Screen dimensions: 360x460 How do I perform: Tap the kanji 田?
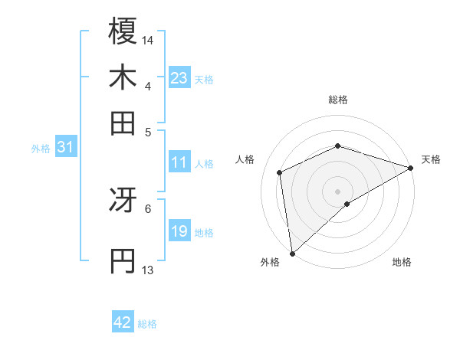tap(123, 123)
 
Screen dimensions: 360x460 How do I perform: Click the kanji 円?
tap(123, 261)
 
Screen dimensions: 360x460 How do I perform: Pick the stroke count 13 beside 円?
tap(148, 270)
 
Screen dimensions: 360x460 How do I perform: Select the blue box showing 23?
tap(179, 78)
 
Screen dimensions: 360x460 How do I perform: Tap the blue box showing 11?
tap(179, 162)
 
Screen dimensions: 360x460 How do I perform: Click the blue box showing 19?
tap(179, 231)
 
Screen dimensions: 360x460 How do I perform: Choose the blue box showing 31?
tap(65, 147)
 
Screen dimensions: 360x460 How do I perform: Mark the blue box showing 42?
tap(123, 322)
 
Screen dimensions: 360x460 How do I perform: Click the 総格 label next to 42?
tap(147, 324)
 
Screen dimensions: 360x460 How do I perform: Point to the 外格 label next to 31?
tap(41, 149)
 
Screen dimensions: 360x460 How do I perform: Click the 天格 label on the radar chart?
tap(431, 159)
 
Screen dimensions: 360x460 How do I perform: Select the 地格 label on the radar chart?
tap(402, 262)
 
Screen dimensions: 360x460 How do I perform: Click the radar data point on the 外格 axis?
tap(292, 254)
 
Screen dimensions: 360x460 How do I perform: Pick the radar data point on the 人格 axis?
tap(280, 172)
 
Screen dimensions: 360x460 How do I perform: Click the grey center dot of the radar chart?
tap(337, 191)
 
